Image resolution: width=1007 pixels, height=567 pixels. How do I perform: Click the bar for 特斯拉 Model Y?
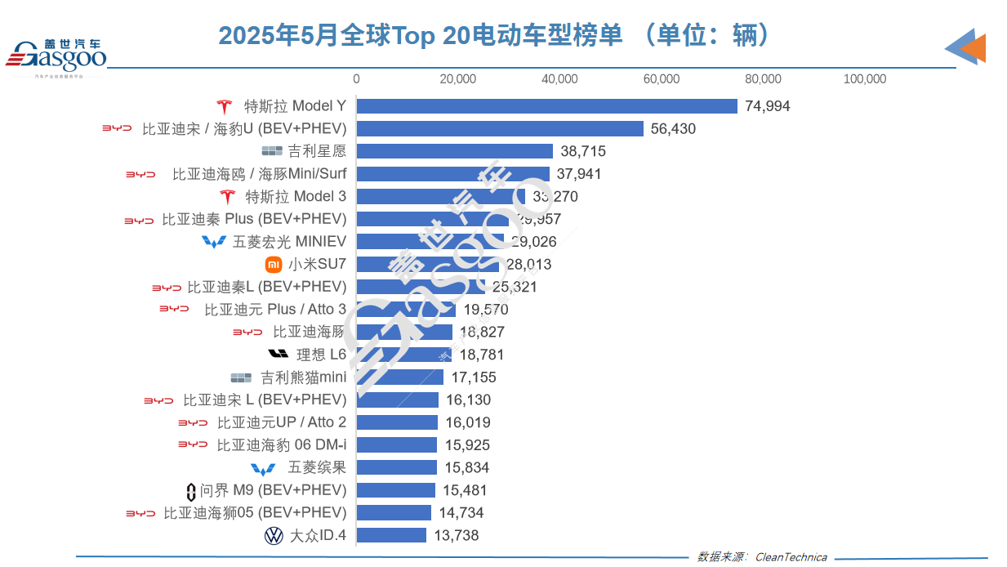point(546,106)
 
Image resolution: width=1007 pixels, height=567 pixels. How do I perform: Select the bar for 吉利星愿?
point(454,151)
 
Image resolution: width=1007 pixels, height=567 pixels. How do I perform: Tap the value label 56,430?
point(673,129)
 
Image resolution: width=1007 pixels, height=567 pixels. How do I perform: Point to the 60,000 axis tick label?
point(662,79)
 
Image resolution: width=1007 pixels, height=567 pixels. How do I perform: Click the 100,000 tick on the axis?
point(864,79)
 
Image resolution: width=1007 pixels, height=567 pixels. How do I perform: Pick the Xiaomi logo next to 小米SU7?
point(274,265)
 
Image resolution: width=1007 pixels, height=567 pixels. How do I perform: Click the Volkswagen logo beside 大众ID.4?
point(274,536)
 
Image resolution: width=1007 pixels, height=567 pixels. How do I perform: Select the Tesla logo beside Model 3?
point(227,197)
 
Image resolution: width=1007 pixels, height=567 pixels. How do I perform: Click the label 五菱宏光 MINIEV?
point(289,242)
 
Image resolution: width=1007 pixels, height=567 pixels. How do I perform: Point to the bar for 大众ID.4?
point(391,535)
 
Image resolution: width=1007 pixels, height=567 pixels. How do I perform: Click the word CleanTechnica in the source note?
point(791,557)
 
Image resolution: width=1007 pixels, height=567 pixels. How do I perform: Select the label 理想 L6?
point(321,355)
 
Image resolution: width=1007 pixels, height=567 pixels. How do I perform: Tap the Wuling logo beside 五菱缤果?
point(263,468)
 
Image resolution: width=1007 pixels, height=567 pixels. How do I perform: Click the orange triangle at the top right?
point(975,48)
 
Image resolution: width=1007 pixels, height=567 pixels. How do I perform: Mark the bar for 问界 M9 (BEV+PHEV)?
point(395,490)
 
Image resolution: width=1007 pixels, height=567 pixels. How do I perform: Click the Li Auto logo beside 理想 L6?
point(278,355)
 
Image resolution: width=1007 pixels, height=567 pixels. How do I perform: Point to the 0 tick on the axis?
point(356,79)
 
